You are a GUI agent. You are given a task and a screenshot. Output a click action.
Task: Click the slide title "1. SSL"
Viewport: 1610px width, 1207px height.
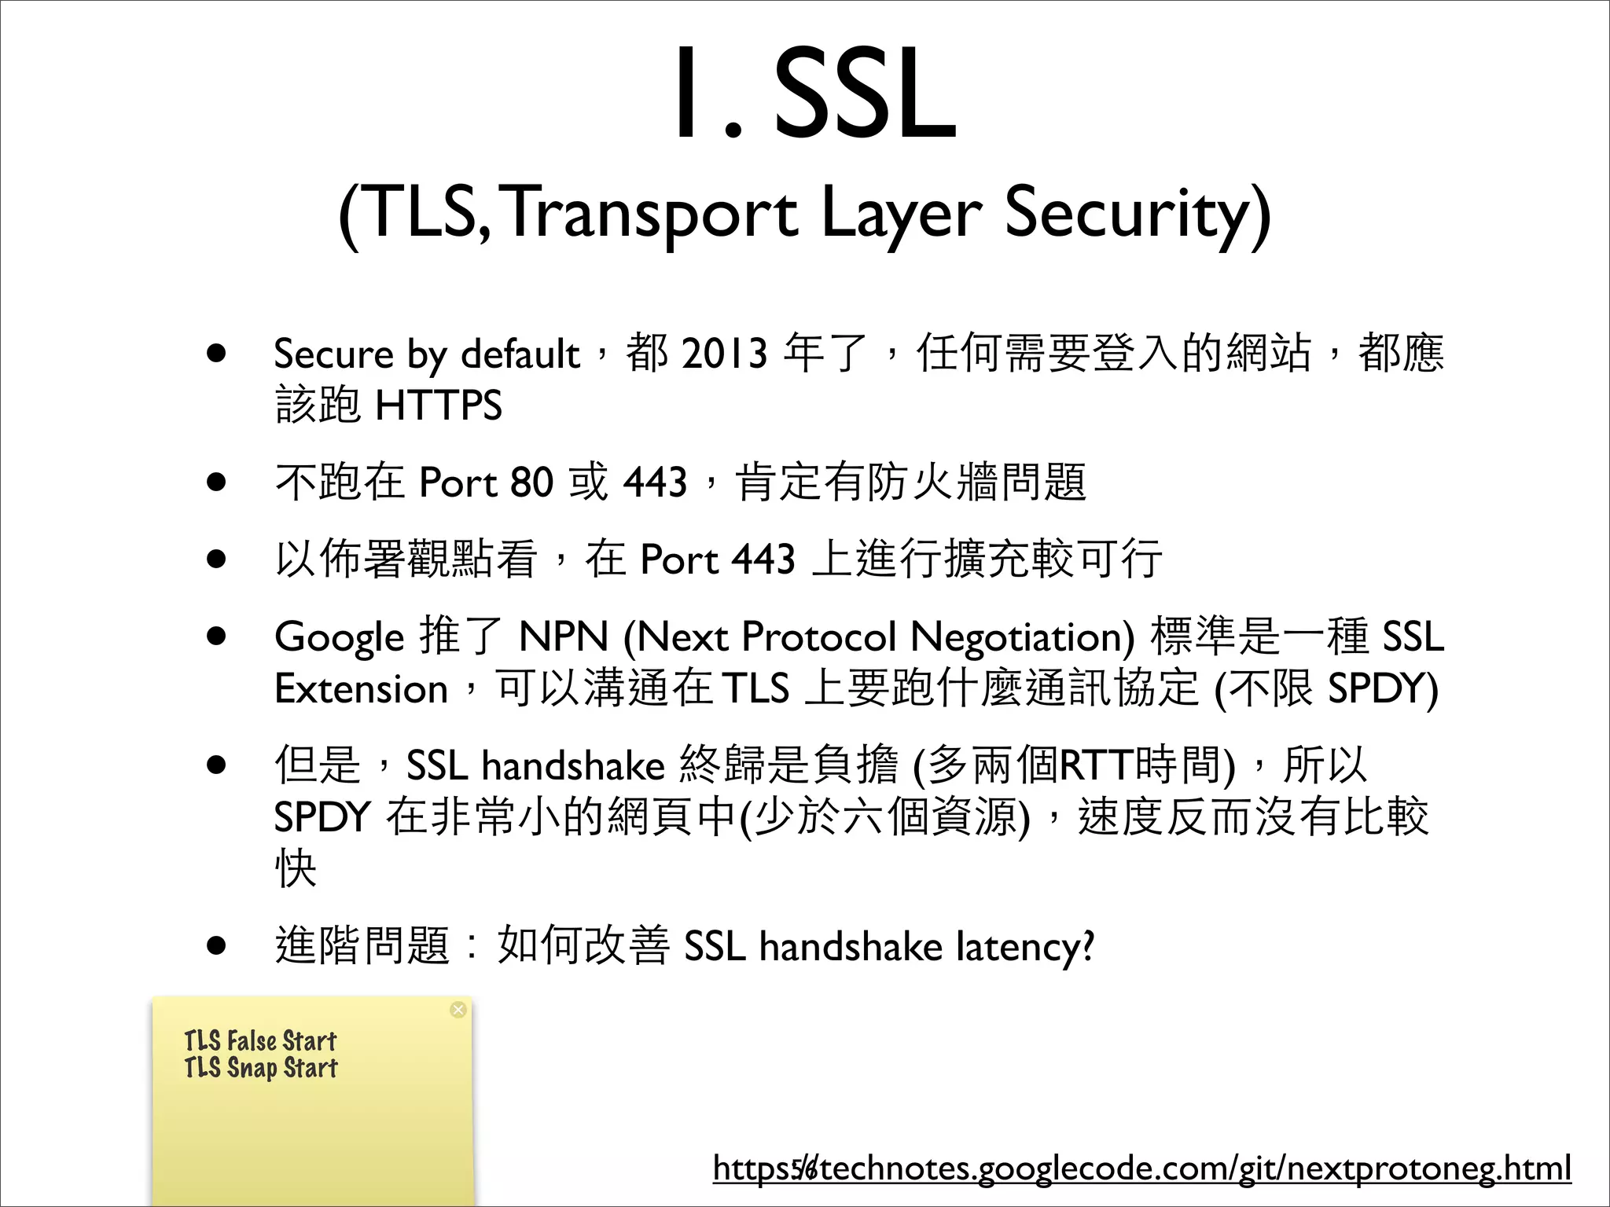[814, 94]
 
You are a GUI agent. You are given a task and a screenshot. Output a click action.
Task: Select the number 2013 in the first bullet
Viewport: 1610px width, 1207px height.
[724, 353]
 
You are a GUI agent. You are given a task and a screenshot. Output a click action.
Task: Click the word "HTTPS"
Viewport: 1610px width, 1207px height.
[438, 405]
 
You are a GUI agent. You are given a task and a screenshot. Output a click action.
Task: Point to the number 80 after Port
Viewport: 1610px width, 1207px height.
[531, 482]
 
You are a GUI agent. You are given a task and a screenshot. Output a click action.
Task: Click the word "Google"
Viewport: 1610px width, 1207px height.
[339, 637]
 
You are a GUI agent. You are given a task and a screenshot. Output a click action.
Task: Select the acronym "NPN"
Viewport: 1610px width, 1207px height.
[564, 637]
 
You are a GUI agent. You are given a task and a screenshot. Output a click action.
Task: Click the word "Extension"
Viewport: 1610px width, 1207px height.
[361, 689]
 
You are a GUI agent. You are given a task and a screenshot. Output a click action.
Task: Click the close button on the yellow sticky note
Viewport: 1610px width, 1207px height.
[458, 1010]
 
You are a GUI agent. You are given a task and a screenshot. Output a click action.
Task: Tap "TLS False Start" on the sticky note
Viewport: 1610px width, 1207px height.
[260, 1041]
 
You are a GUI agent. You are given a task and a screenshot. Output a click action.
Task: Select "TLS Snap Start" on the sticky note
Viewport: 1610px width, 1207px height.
[261, 1068]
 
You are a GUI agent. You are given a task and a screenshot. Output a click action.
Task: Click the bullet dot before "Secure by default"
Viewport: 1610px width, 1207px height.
[217, 353]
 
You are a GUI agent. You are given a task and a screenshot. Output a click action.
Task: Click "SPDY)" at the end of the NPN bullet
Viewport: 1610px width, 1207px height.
[1382, 689]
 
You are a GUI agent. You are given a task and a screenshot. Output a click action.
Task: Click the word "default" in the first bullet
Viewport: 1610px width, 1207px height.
[520, 353]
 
